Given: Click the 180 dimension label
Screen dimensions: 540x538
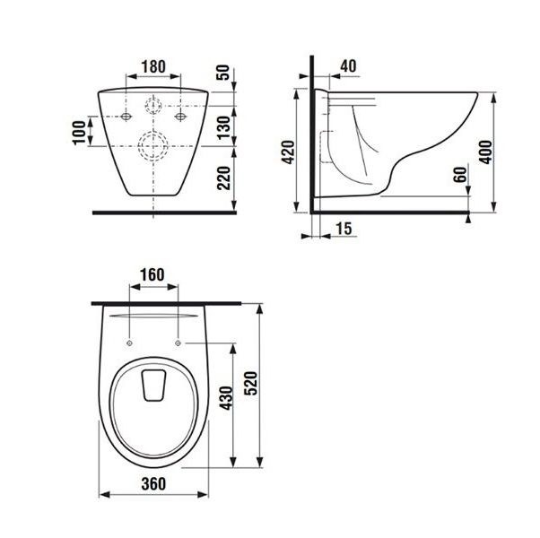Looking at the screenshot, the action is click(x=153, y=66).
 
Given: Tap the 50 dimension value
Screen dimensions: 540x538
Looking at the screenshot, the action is click(x=223, y=73).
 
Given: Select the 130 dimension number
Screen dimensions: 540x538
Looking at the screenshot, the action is click(x=223, y=127).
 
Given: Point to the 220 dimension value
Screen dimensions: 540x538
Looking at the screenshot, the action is click(x=223, y=178).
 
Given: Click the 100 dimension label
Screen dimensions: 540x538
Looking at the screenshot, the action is click(x=79, y=133).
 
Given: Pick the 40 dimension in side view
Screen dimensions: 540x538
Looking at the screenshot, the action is click(x=348, y=66).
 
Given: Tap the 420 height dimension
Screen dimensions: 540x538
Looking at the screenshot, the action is click(x=288, y=152).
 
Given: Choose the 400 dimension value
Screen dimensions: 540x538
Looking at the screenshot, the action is click(x=486, y=152).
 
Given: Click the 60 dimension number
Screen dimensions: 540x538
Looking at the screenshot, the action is click(x=460, y=175).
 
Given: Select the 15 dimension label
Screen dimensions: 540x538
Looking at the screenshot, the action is click(x=344, y=229).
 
